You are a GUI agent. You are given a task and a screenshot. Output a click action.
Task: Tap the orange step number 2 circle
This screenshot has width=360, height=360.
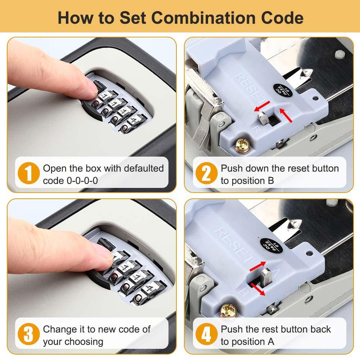coord(206,174)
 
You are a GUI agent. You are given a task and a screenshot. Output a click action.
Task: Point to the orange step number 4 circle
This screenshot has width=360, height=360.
coord(206,335)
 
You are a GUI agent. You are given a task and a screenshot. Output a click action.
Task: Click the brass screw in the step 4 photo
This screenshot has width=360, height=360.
coord(227,310)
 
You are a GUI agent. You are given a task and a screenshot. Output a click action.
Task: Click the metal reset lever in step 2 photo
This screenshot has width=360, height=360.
coord(263,117)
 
